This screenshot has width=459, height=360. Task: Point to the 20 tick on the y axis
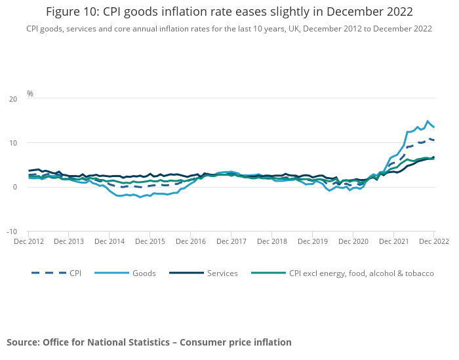13,99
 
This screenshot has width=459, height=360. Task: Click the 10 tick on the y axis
13,143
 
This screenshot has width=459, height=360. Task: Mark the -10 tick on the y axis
12,231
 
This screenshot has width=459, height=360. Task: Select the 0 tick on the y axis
15,187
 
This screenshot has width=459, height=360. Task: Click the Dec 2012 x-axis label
28,241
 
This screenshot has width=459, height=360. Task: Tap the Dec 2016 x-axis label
190,241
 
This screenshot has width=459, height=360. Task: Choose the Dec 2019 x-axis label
312,241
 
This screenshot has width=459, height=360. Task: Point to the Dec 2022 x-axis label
433,241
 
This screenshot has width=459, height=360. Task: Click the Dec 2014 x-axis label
110,241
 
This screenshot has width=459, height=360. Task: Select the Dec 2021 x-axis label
393,241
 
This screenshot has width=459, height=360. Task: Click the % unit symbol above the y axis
30,94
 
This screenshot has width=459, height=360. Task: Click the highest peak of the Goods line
428,121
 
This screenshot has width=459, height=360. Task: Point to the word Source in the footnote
23,342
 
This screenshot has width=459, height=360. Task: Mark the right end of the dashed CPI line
434,140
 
